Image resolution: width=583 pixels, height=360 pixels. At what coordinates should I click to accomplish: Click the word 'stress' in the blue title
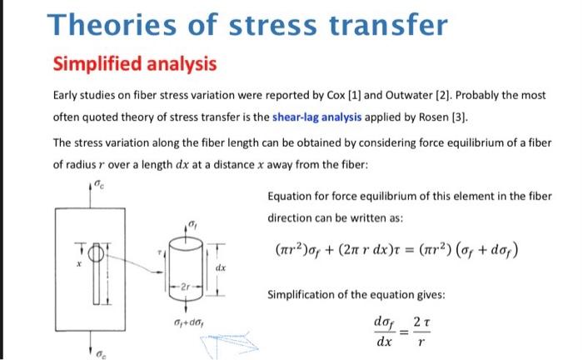pos(273,25)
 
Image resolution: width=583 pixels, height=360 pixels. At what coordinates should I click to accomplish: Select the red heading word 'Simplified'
pos(97,63)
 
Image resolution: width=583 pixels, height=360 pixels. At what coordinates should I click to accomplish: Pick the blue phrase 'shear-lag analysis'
pos(316,117)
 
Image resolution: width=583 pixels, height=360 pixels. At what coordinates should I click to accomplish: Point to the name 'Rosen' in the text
pos(434,117)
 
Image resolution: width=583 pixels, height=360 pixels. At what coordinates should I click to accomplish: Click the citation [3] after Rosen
pos(460,117)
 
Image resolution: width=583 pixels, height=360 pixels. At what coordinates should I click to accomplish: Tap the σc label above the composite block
pos(99,183)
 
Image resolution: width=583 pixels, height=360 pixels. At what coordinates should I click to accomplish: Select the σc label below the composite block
pos(101,354)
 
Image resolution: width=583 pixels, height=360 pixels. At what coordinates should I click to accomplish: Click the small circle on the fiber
pos(96,254)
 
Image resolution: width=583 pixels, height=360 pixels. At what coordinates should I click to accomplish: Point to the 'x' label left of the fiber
pos(79,264)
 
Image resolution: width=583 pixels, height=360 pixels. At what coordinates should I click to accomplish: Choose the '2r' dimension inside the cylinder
pos(186,287)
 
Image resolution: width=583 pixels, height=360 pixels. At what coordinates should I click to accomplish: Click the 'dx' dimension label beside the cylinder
pos(221,267)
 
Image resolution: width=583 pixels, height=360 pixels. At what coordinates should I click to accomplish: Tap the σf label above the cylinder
pos(192,224)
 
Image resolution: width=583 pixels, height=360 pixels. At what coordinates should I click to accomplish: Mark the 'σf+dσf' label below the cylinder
pos(188,322)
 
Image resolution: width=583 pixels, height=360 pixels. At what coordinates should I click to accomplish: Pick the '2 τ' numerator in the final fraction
pos(421,322)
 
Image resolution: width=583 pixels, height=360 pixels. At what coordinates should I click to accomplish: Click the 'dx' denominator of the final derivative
pos(384,341)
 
